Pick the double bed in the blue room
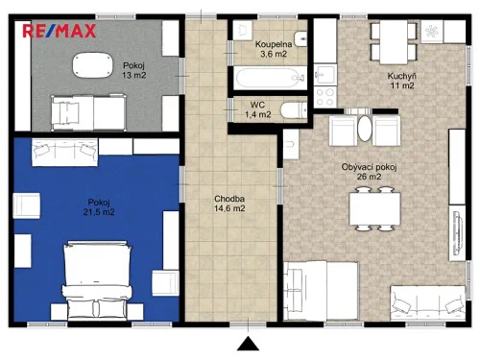(x=95, y=279)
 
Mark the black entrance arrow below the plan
(x=249, y=346)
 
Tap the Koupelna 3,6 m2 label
(x=274, y=50)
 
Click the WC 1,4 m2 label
(x=258, y=109)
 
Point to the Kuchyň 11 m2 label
(x=401, y=80)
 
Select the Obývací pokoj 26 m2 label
(x=370, y=173)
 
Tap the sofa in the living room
(x=423, y=301)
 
